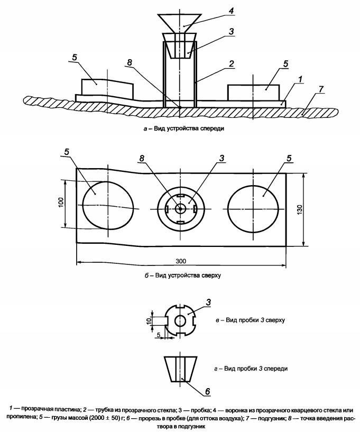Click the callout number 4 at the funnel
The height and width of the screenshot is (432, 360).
click(231, 11)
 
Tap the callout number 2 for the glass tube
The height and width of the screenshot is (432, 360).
click(232, 63)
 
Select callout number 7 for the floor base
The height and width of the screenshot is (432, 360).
click(321, 90)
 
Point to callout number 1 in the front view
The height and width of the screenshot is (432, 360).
click(300, 79)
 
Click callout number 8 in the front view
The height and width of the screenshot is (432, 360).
click(129, 62)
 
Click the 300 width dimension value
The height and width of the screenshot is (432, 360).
click(181, 261)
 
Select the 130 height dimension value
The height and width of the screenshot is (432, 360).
click(300, 210)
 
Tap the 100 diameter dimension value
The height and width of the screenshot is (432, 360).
click(61, 202)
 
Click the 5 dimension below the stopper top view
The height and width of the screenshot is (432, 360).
click(159, 335)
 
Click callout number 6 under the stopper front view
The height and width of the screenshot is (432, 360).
click(207, 391)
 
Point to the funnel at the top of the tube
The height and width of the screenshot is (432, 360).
click(179, 23)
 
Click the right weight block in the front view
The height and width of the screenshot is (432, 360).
click(253, 93)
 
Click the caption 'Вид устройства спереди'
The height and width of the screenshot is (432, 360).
click(189, 128)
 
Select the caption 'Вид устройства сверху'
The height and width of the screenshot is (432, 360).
click(188, 275)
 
